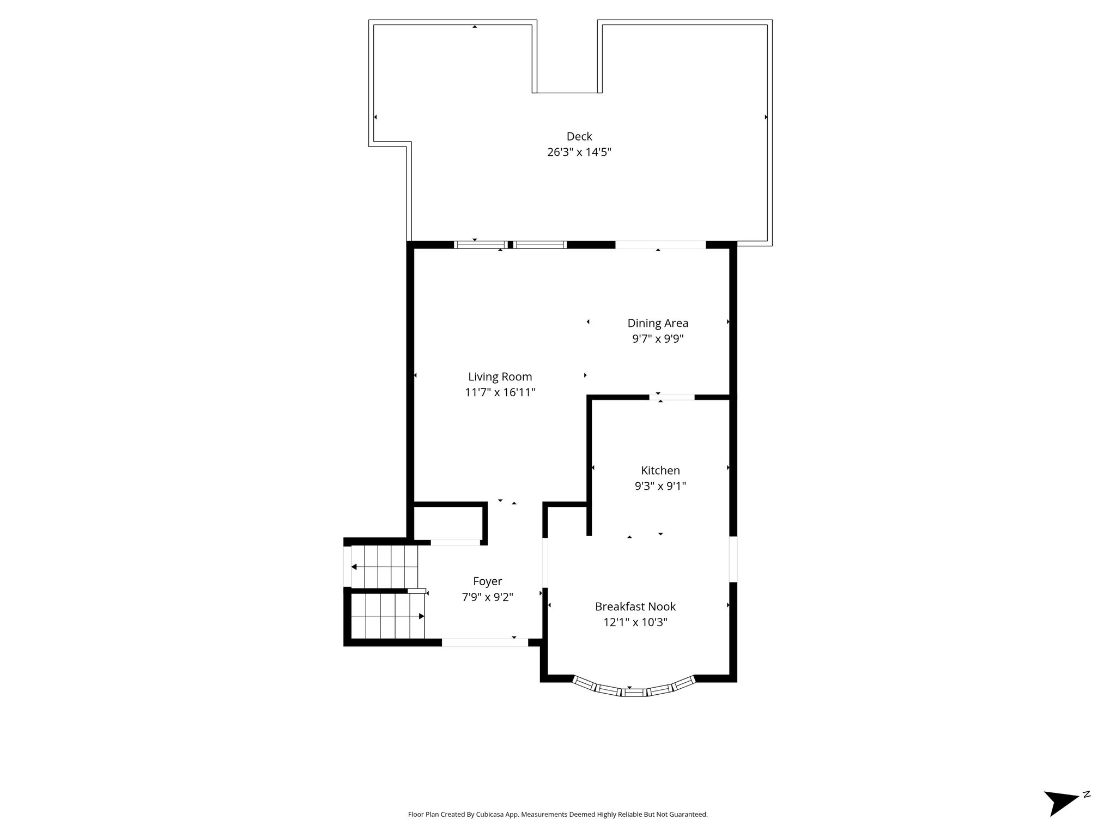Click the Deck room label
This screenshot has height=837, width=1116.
tap(579, 136)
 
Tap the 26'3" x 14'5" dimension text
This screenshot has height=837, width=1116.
tap(579, 152)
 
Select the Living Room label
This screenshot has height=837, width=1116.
tap(500, 377)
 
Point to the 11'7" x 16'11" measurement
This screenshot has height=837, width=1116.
tap(500, 392)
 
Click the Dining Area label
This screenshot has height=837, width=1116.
tap(658, 323)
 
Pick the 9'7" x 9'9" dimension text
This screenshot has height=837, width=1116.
tap(658, 339)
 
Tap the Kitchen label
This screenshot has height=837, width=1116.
tap(660, 470)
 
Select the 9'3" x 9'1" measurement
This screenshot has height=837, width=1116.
tap(660, 486)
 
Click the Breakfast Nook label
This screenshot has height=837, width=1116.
tap(635, 606)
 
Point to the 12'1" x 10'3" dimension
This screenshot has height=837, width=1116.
tap(635, 622)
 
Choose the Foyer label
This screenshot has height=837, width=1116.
tap(488, 581)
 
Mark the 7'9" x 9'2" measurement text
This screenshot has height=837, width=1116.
tap(488, 597)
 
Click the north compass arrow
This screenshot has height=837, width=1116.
tap(1061, 817)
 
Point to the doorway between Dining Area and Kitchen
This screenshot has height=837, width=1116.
tap(672, 397)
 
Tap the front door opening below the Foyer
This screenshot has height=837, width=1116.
tap(485, 642)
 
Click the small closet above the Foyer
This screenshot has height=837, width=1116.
tap(448, 523)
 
